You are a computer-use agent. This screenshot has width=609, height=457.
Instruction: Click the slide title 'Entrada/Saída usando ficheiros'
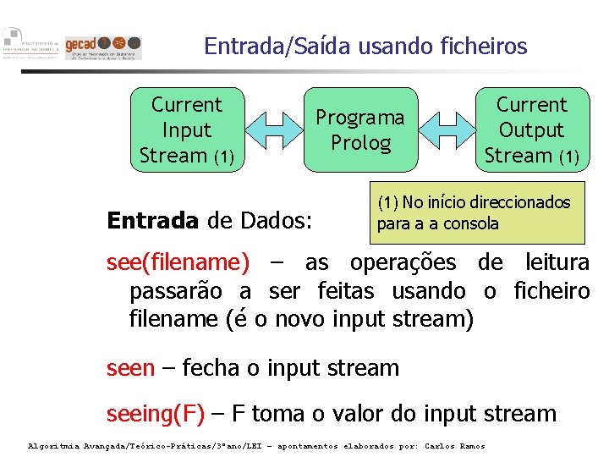click(x=365, y=45)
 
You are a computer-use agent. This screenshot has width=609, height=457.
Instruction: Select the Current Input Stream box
click(x=186, y=129)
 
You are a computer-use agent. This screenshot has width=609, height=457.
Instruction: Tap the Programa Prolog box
click(x=360, y=129)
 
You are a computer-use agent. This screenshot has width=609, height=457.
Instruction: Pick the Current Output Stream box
click(x=531, y=129)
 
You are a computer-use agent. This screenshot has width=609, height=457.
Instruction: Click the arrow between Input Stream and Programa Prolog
click(x=273, y=129)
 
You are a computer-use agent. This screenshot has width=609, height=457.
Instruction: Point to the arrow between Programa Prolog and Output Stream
click(x=447, y=129)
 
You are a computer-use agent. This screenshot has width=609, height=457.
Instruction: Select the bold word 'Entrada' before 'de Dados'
click(x=152, y=221)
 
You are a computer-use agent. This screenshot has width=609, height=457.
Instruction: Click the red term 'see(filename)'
click(x=178, y=263)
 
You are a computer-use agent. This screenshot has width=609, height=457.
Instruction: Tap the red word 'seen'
click(x=130, y=368)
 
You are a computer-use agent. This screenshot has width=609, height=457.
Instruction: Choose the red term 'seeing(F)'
click(x=156, y=414)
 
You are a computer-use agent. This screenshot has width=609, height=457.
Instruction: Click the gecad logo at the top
click(x=104, y=47)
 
